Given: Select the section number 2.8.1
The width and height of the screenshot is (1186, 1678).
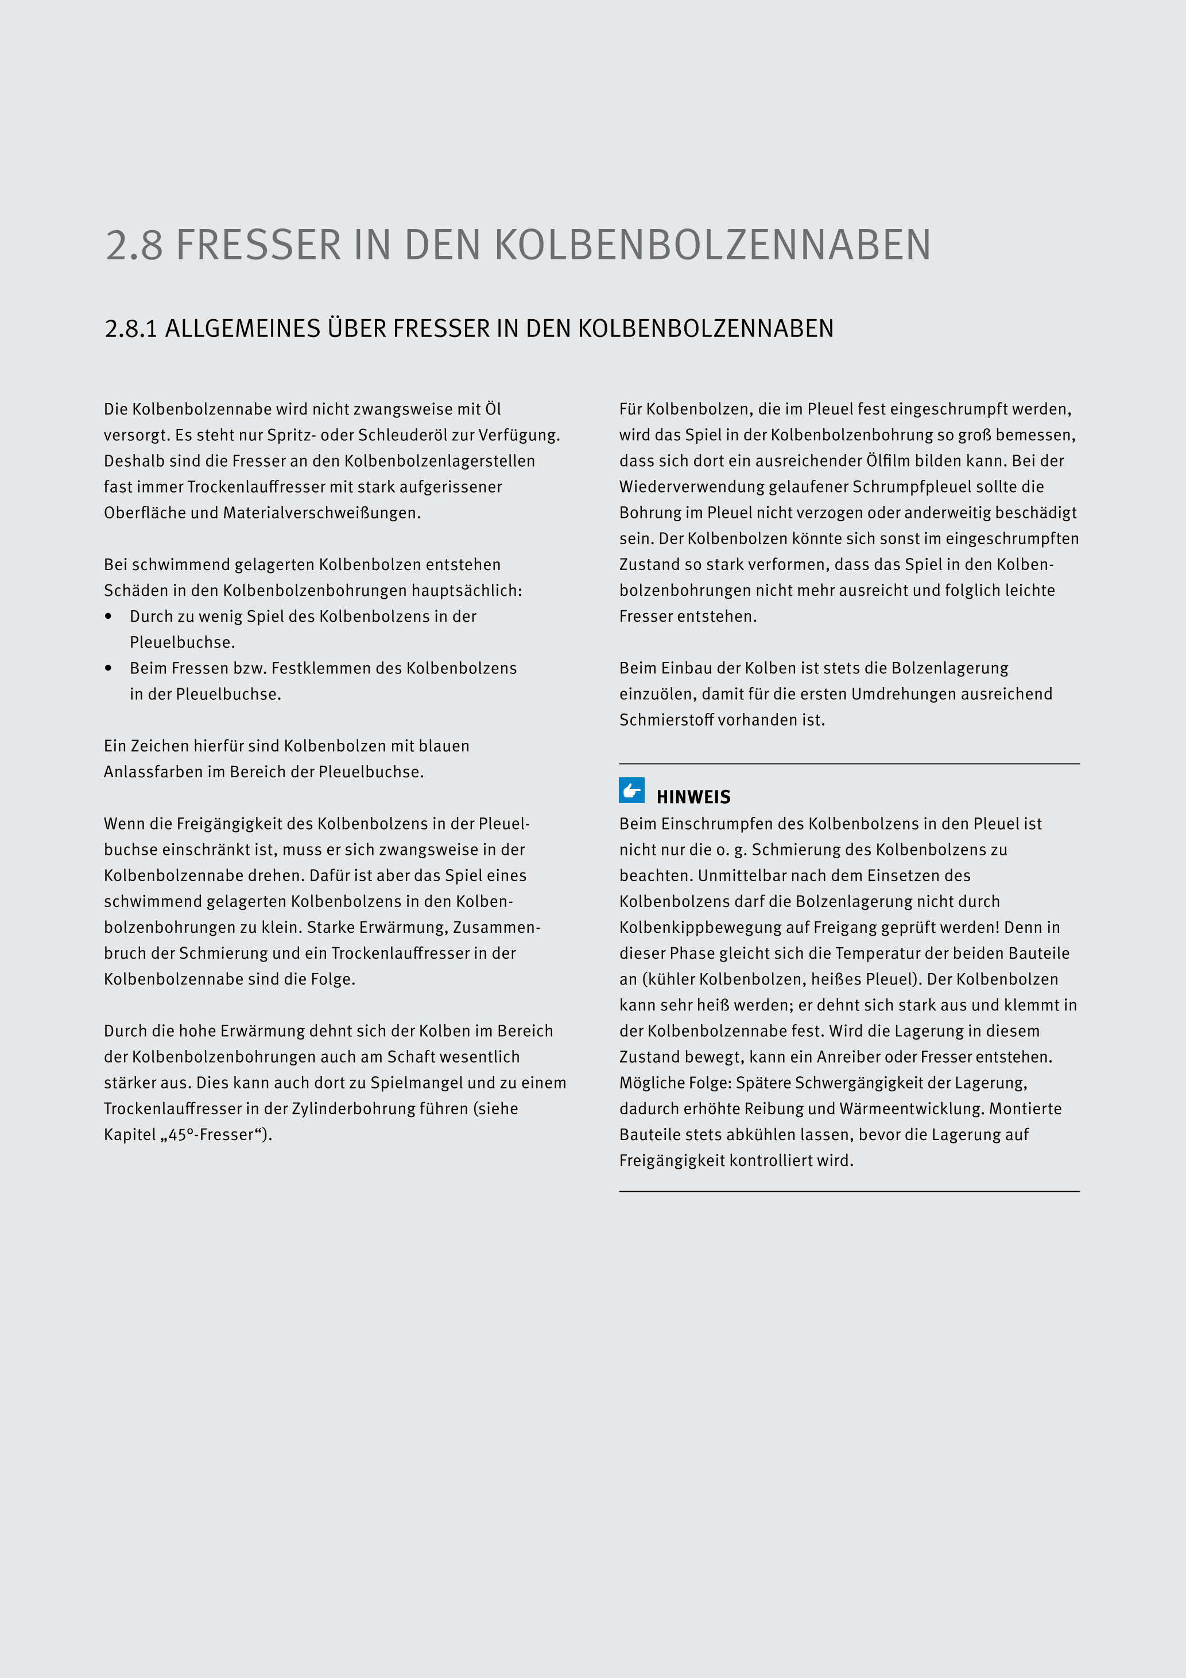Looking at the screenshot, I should point(131,329).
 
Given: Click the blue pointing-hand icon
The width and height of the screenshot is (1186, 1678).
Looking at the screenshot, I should point(631,790).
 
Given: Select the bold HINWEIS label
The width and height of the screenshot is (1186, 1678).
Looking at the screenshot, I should point(693,797).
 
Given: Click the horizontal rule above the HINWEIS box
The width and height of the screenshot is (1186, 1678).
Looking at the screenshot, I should point(848,764).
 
